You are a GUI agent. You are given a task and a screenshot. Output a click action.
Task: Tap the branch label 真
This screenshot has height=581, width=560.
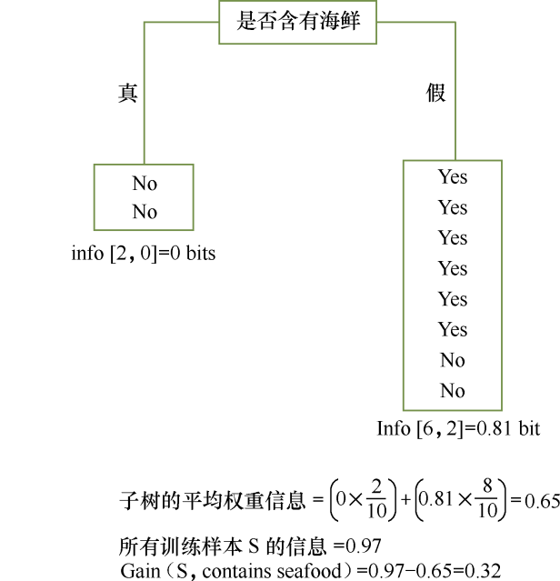[127, 93]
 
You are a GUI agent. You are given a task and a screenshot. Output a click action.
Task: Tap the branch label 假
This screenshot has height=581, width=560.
[436, 93]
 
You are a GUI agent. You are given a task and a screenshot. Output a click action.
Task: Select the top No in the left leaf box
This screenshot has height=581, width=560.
[144, 184]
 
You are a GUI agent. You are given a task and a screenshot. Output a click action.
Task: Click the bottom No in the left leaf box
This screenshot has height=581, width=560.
[144, 212]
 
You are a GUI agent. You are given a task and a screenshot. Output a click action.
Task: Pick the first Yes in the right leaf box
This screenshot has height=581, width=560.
[452, 176]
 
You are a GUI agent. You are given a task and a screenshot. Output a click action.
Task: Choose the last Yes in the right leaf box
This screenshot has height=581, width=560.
[452, 329]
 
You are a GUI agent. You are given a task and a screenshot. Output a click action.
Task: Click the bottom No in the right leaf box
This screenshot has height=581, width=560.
[452, 391]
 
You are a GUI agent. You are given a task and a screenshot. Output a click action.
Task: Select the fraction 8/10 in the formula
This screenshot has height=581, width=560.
[487, 499]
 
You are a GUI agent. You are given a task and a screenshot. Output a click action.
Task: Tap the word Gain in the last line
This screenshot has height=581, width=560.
[138, 571]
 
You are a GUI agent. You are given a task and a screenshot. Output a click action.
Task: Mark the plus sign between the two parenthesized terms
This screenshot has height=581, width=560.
[405, 499]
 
